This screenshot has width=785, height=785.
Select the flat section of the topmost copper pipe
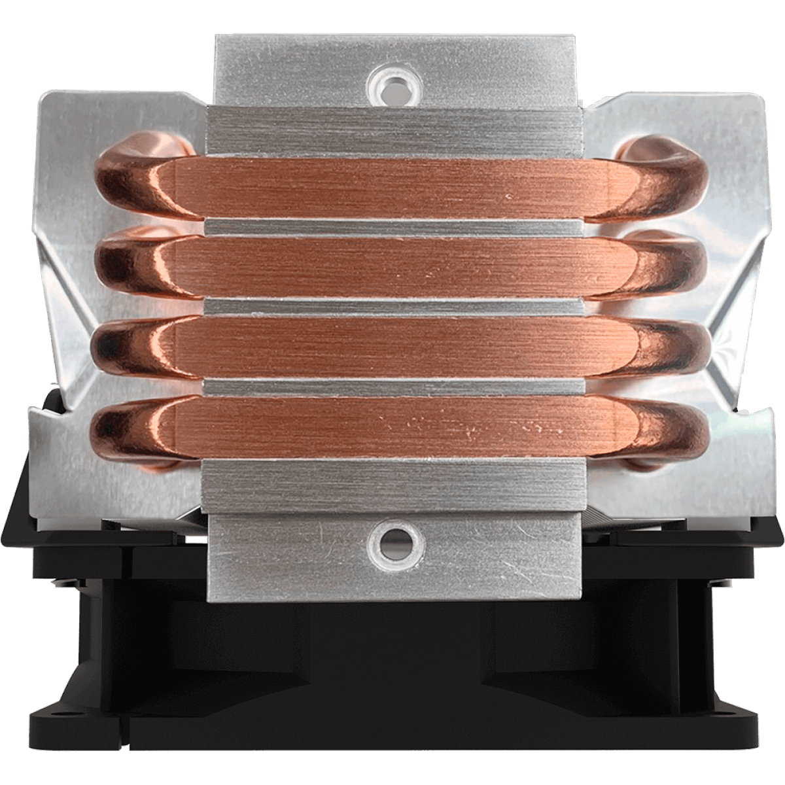(392, 186)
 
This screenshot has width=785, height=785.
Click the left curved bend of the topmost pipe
(131, 186)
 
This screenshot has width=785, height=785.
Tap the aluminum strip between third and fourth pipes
(392, 387)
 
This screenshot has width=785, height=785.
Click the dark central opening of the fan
(392, 654)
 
